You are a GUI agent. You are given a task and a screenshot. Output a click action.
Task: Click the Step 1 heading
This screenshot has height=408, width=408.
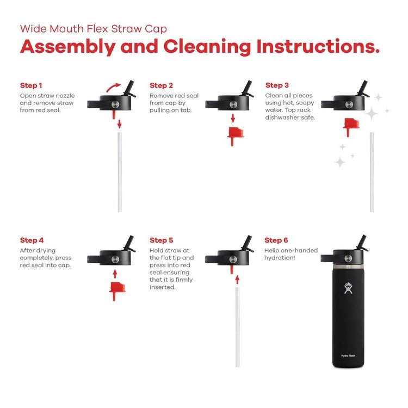(x=31, y=85)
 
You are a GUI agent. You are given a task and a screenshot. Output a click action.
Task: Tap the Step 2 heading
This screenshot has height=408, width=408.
(x=162, y=85)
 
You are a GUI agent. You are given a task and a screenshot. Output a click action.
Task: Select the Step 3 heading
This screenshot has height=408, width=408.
(x=277, y=85)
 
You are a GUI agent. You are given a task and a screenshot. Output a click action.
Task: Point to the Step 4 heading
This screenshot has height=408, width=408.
(x=32, y=240)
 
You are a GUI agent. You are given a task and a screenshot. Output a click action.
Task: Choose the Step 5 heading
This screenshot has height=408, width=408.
(x=162, y=240)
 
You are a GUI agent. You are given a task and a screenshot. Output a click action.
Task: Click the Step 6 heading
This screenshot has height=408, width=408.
(x=276, y=240)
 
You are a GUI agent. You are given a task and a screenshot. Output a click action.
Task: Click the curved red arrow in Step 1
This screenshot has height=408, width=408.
(x=113, y=87)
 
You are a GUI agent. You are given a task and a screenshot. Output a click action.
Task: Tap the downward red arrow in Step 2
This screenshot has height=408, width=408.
(x=233, y=119)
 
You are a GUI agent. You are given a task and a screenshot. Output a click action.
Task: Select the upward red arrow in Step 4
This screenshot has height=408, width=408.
(x=115, y=274)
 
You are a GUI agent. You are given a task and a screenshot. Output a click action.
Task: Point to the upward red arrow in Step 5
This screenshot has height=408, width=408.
(x=237, y=280)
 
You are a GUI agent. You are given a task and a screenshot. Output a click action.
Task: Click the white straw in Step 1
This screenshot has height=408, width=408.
(x=120, y=172)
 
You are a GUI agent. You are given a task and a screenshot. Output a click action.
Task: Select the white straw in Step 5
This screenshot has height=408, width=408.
(x=238, y=327)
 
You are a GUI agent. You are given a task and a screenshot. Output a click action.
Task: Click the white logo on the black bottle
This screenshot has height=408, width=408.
(x=348, y=288)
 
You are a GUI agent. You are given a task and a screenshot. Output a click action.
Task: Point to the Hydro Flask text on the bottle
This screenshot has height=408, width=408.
(x=348, y=355)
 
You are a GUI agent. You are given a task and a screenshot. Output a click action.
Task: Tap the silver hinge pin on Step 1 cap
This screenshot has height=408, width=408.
(x=115, y=104)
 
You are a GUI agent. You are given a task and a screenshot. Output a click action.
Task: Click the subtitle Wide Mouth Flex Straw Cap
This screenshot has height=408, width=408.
(x=94, y=29)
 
